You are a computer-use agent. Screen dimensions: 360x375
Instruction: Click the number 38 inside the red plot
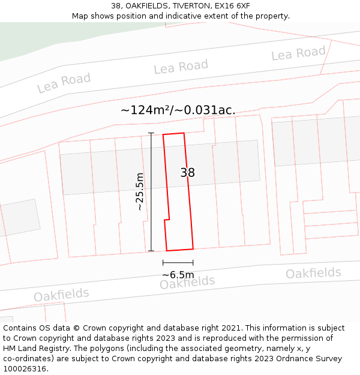pos(188,173)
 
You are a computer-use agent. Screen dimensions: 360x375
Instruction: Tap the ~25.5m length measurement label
pos(140,191)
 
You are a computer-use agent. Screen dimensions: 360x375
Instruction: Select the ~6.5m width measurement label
pos(178,275)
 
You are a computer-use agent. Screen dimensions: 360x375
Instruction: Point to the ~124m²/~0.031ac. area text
pos(178,110)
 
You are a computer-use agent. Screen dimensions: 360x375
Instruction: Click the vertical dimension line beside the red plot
pos(151,192)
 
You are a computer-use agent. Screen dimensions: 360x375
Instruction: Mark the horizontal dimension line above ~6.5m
pos(178,262)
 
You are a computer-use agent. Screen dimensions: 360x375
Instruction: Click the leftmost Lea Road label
pos(64,83)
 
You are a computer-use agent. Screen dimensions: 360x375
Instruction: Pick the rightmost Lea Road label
pos(298,54)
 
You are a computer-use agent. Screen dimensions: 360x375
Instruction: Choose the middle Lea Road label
pos(181,67)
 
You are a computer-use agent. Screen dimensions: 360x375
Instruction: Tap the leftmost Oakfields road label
pos(61,295)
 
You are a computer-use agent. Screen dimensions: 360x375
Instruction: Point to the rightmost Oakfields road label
pos(313,274)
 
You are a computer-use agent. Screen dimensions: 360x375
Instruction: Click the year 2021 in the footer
pos(230,328)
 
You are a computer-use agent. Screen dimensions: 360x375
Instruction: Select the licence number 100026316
pos(25,369)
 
